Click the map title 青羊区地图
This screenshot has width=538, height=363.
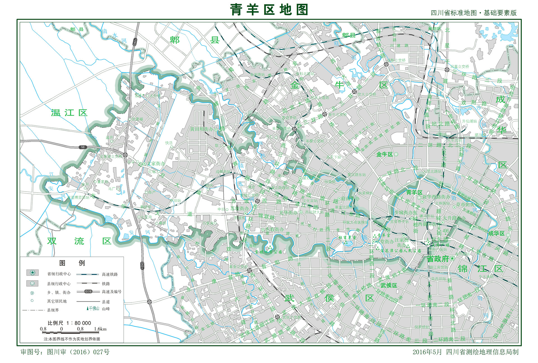point(269,10)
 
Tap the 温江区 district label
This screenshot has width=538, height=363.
point(69,113)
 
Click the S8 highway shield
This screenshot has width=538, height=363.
point(82,147)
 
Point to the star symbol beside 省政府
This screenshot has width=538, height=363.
point(452,259)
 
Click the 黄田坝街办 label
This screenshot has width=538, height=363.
point(201,129)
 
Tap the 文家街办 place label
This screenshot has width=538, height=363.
point(156,163)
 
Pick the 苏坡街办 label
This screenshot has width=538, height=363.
point(240,208)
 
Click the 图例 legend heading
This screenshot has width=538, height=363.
point(72,263)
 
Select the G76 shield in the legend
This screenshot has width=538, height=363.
point(88,291)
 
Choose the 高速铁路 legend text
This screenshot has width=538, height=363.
point(110,274)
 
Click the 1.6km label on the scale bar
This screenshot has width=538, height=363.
point(100,329)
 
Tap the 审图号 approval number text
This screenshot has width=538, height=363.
point(65,352)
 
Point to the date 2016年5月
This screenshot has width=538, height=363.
point(427,352)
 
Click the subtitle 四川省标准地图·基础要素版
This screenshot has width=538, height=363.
point(474,13)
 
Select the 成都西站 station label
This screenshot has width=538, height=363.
point(223,171)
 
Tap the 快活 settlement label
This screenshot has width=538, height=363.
point(169,143)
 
